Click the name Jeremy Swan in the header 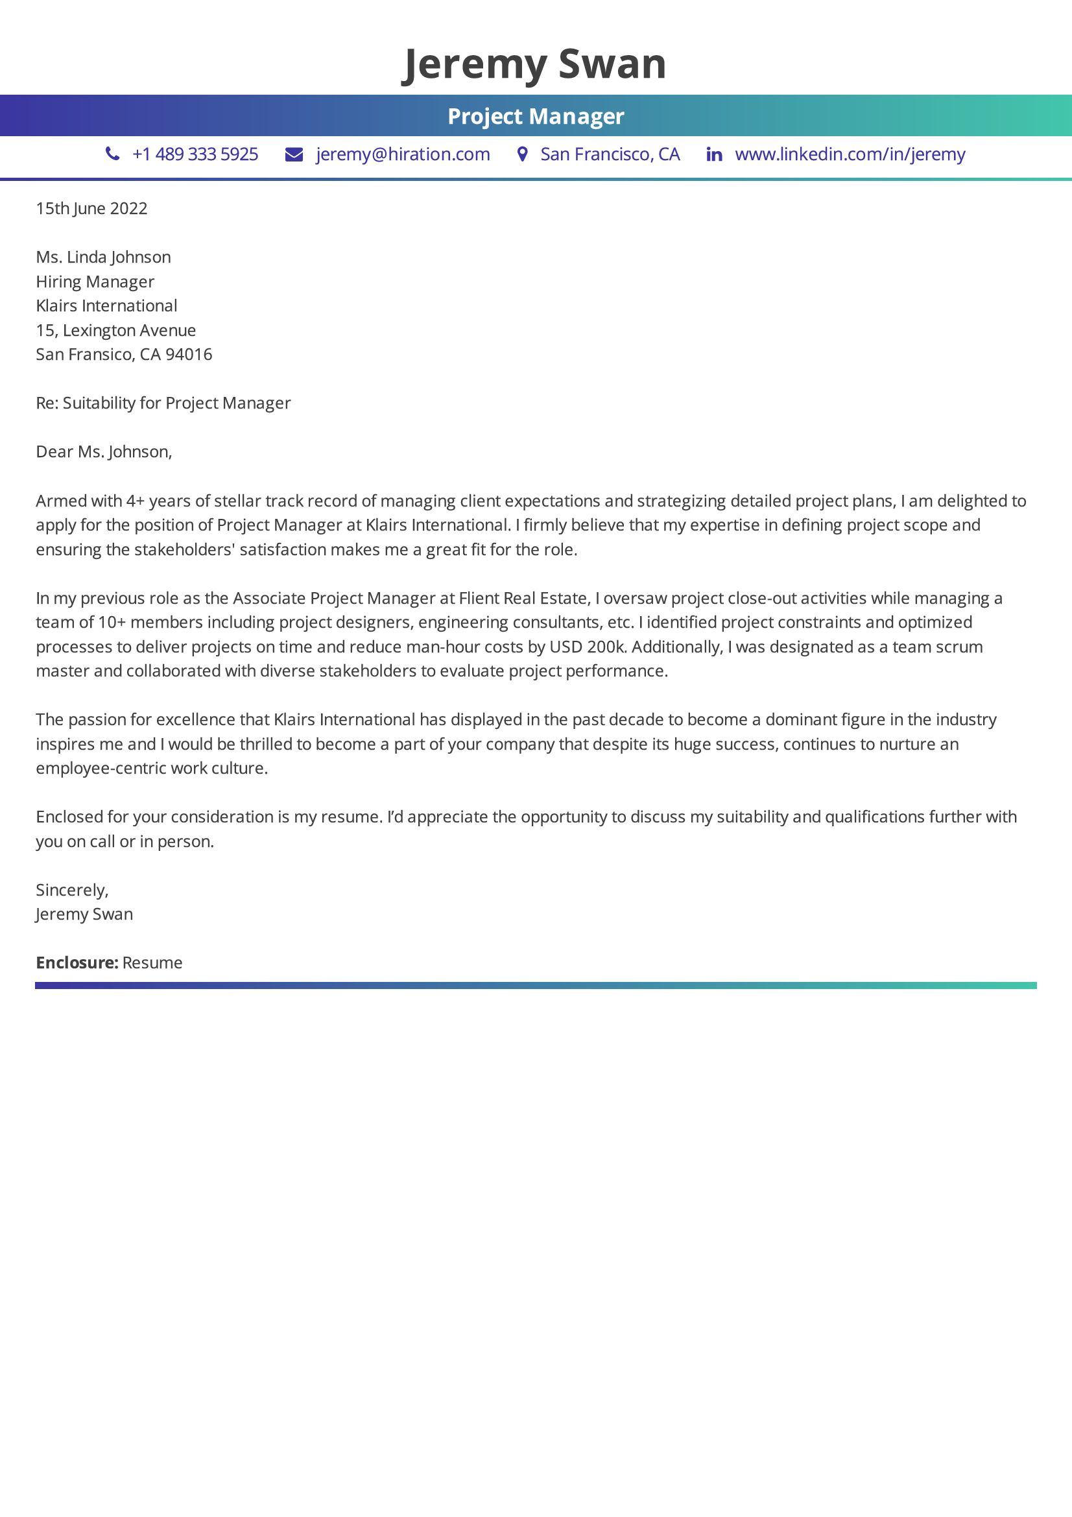click(534, 64)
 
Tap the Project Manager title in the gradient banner click(536, 116)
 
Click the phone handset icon click(113, 154)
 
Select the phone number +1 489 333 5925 click(195, 154)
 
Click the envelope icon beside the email click(294, 154)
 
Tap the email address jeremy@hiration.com click(403, 154)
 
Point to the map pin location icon click(523, 154)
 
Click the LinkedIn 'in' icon click(714, 154)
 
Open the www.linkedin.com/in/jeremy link click(850, 154)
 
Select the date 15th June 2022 click(92, 209)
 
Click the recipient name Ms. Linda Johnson click(104, 257)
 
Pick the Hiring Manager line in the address click(95, 281)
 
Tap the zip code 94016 click(189, 355)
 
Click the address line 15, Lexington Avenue click(116, 330)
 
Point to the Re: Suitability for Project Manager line click(163, 403)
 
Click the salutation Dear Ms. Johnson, click(104, 452)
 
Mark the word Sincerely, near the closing click(72, 890)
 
